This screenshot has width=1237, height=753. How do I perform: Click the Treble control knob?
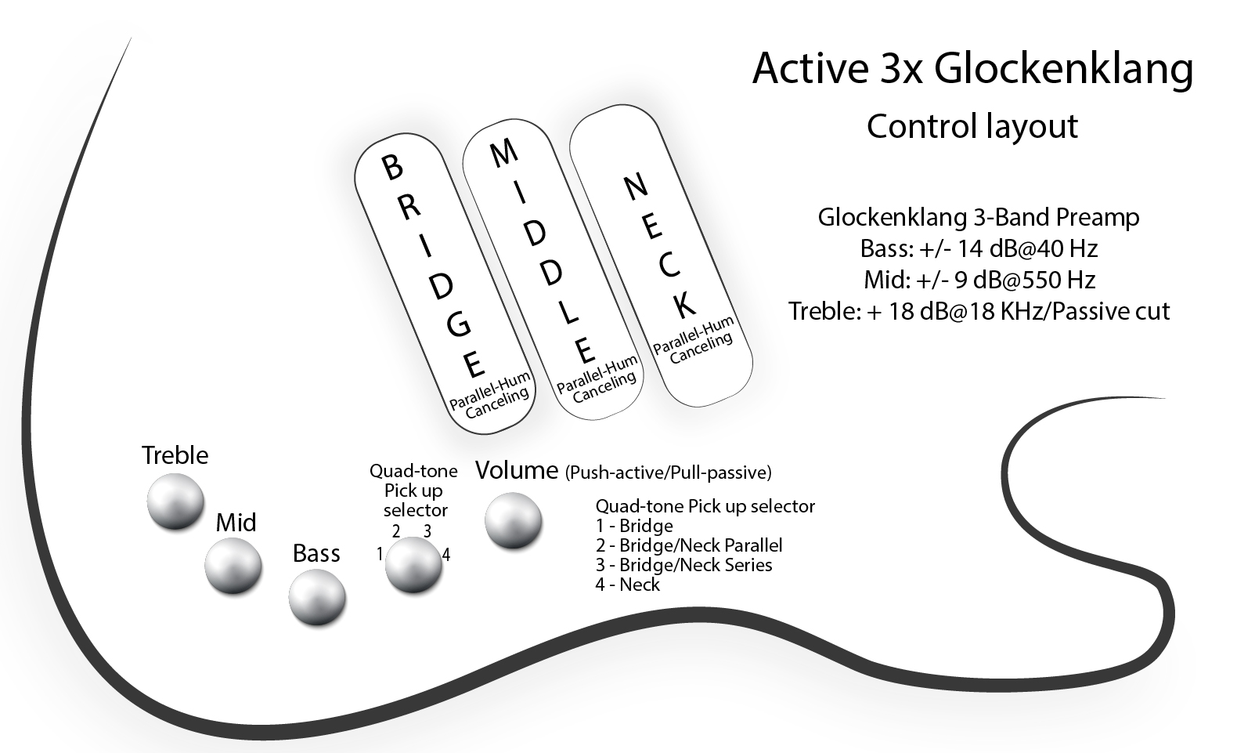(175, 502)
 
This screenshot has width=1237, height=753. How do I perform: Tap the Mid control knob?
(233, 567)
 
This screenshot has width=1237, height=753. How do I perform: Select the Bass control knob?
(317, 598)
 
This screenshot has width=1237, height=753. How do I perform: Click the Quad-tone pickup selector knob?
(413, 565)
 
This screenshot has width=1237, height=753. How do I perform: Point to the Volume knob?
(514, 521)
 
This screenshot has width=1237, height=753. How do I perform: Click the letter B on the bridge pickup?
(392, 167)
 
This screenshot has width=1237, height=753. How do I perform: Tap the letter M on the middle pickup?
(503, 152)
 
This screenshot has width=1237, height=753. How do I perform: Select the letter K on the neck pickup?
(684, 305)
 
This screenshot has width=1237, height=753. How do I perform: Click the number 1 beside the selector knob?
(380, 553)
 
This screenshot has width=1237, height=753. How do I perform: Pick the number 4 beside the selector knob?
(446, 555)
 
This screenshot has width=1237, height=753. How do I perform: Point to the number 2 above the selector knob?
(396, 531)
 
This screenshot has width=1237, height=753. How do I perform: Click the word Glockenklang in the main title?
(1064, 70)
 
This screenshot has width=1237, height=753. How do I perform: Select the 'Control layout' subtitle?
(972, 127)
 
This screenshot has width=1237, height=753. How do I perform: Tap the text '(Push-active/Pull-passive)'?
(668, 472)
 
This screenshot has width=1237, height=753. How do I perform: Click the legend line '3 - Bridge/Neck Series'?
(683, 565)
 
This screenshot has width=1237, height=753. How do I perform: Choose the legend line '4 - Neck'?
(627, 585)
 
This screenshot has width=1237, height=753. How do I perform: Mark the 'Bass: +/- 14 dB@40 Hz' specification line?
(979, 249)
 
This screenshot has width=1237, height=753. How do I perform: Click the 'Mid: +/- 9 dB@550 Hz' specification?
(979, 280)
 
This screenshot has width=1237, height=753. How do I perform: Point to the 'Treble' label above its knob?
(175, 455)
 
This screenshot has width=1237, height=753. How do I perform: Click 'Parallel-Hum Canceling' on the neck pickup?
(694, 341)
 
